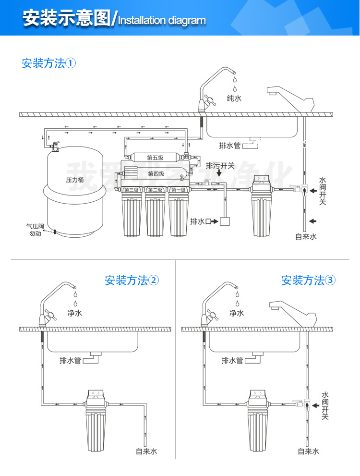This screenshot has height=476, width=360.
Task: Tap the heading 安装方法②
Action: pos(132,281)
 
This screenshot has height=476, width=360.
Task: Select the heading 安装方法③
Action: pos(309,281)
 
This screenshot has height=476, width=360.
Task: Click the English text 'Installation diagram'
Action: pos(162,21)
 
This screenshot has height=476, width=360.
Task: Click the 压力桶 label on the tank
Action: pos(75,180)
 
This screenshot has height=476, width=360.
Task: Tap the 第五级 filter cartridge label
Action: pos(156,158)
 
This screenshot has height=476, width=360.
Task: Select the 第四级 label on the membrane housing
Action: pos(156,174)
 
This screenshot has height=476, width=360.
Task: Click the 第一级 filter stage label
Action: pos(178,190)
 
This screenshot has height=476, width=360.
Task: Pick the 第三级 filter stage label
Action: pos(131,190)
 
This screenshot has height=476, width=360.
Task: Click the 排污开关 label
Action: pos(220,166)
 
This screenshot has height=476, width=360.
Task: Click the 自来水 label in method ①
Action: pos(306,236)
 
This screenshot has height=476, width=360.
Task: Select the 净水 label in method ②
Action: pos(74,313)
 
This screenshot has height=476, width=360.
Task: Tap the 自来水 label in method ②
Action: pos(146,451)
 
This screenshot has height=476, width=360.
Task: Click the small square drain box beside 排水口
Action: pos(224,221)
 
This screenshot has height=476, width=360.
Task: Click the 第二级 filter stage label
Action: pos(155,190)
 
